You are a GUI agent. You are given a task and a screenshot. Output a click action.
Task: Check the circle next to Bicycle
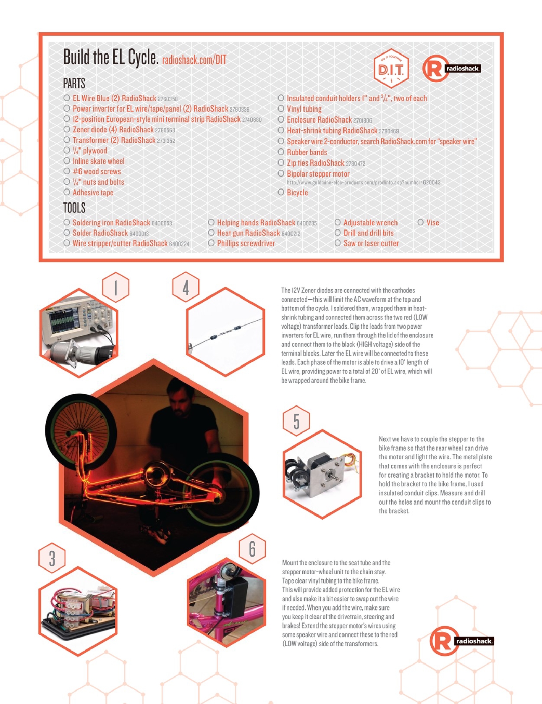[x=281, y=192]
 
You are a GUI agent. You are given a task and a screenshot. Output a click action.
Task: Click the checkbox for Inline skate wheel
[x=67, y=161]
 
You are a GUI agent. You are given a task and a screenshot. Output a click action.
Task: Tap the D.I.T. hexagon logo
[x=391, y=68]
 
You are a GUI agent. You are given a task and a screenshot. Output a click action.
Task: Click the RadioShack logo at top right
[x=451, y=68]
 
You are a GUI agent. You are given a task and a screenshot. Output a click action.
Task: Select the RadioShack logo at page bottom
[x=461, y=641]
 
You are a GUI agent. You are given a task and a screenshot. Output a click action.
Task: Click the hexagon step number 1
[x=115, y=287]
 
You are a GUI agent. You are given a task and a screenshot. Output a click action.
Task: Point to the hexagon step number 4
[x=186, y=287]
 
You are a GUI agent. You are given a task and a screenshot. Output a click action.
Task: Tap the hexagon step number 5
[x=296, y=421]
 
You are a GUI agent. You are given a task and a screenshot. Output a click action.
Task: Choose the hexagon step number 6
[x=252, y=549]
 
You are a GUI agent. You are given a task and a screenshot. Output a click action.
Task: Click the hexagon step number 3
[x=52, y=558]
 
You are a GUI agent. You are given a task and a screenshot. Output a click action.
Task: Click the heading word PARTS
[x=74, y=84]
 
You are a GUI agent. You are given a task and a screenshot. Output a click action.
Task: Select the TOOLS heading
[x=74, y=208]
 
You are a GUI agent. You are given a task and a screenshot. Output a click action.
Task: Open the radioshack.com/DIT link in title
[x=194, y=60]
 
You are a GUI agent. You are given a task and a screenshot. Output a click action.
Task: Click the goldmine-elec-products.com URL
[x=363, y=183]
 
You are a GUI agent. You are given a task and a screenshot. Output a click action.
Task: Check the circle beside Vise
[x=420, y=222]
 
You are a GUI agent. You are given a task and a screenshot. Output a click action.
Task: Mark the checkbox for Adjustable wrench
[x=338, y=222]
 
